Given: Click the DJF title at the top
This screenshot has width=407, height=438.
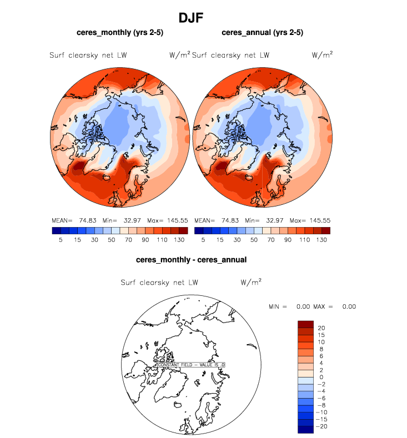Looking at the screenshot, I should point(191,18).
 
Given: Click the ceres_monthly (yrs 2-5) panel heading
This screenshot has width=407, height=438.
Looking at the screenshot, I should point(120,33).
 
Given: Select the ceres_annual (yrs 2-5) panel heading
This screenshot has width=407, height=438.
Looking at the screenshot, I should point(262,33).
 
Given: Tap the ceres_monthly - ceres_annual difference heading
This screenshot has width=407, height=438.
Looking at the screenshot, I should point(191,259).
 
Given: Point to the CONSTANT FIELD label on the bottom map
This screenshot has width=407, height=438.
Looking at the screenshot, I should point(191,364).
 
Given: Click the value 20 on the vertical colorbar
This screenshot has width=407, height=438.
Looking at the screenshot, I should point(321,328).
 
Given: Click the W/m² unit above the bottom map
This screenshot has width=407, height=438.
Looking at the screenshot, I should point(251,282).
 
